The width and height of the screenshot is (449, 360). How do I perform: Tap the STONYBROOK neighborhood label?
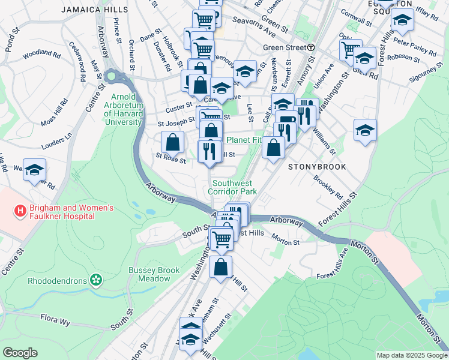317,166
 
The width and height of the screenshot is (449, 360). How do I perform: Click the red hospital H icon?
20,211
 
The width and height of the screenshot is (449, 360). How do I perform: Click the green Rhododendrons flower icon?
95,280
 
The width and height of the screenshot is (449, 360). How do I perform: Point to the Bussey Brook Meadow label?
154,274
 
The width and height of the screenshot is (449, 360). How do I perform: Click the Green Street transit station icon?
311,47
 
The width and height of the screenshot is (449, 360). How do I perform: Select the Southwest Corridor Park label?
232,187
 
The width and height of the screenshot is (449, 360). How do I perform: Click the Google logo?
20,352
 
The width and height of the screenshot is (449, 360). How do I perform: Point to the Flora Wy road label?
55,322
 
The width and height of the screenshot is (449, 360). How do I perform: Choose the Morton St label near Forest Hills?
285,242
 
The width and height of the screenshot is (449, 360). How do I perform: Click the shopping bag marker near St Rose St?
173,143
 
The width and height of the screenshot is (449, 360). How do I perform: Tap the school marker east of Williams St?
365,130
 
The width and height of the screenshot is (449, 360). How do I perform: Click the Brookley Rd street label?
328,187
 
